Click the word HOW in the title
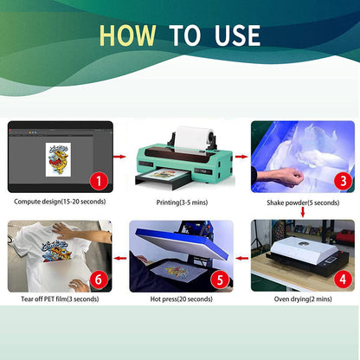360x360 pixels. click(129, 35)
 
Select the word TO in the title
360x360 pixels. click(183, 35)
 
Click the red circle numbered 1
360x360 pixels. click(98, 181)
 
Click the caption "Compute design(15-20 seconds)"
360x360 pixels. click(61, 202)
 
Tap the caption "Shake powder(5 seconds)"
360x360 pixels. click(302, 202)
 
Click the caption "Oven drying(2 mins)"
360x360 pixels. click(302, 299)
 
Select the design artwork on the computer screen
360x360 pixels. click(61, 158)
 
